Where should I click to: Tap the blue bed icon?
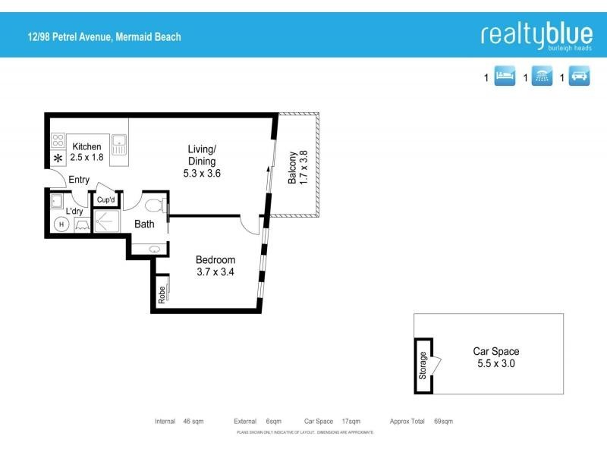pyautogui.click(x=505, y=77)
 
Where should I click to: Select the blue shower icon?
pyautogui.click(x=542, y=77)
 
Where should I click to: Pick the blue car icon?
pyautogui.click(x=579, y=77)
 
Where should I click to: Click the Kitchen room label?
pyautogui.click(x=86, y=146)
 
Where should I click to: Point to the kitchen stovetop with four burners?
pyautogui.click(x=58, y=140)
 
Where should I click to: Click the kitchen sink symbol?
pyautogui.click(x=118, y=143)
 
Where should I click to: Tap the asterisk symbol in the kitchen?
pyautogui.click(x=58, y=159)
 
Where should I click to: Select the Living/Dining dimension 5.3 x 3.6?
pyautogui.click(x=202, y=173)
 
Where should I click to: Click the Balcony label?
pyautogui.click(x=292, y=168)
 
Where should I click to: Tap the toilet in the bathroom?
pyautogui.click(x=153, y=205)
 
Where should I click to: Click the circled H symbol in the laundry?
pyautogui.click(x=61, y=224)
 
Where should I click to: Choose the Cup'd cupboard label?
pyautogui.click(x=106, y=200)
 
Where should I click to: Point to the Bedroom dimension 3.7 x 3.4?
pyautogui.click(x=215, y=271)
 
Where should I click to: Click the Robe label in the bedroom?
pyautogui.click(x=162, y=294)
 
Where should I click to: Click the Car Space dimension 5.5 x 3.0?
pyautogui.click(x=496, y=363)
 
